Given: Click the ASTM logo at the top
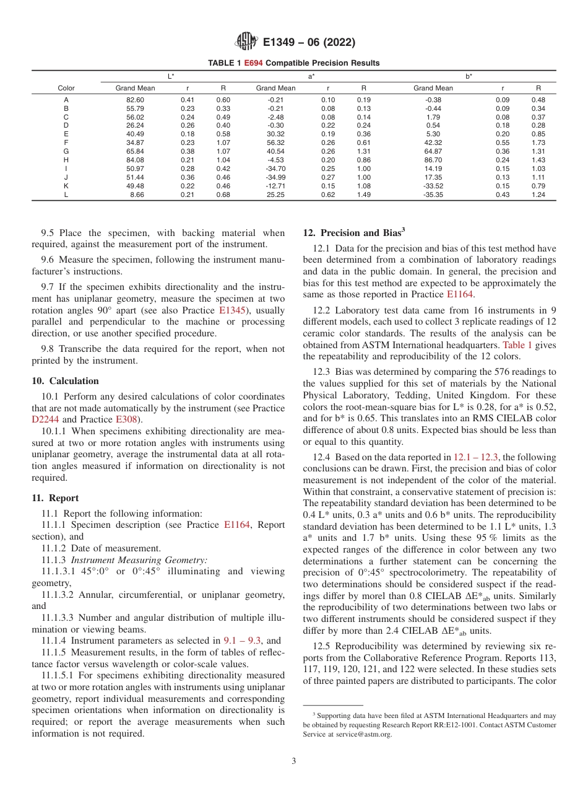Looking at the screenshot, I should [246, 43].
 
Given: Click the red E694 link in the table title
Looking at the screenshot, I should [253, 63].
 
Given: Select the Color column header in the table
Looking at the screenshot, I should [66, 88].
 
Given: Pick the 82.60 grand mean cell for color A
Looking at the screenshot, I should [135, 100].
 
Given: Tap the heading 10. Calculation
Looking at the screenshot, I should [65, 381].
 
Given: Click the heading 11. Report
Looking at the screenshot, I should [55, 498].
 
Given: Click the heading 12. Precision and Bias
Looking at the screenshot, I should [353, 233].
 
